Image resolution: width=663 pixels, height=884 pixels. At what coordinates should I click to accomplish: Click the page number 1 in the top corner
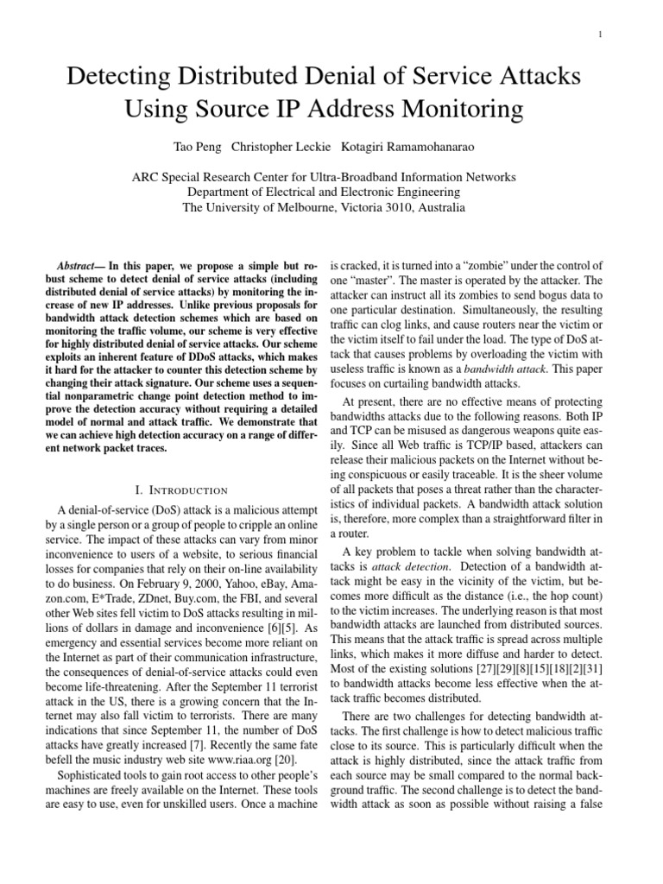click(x=598, y=34)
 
